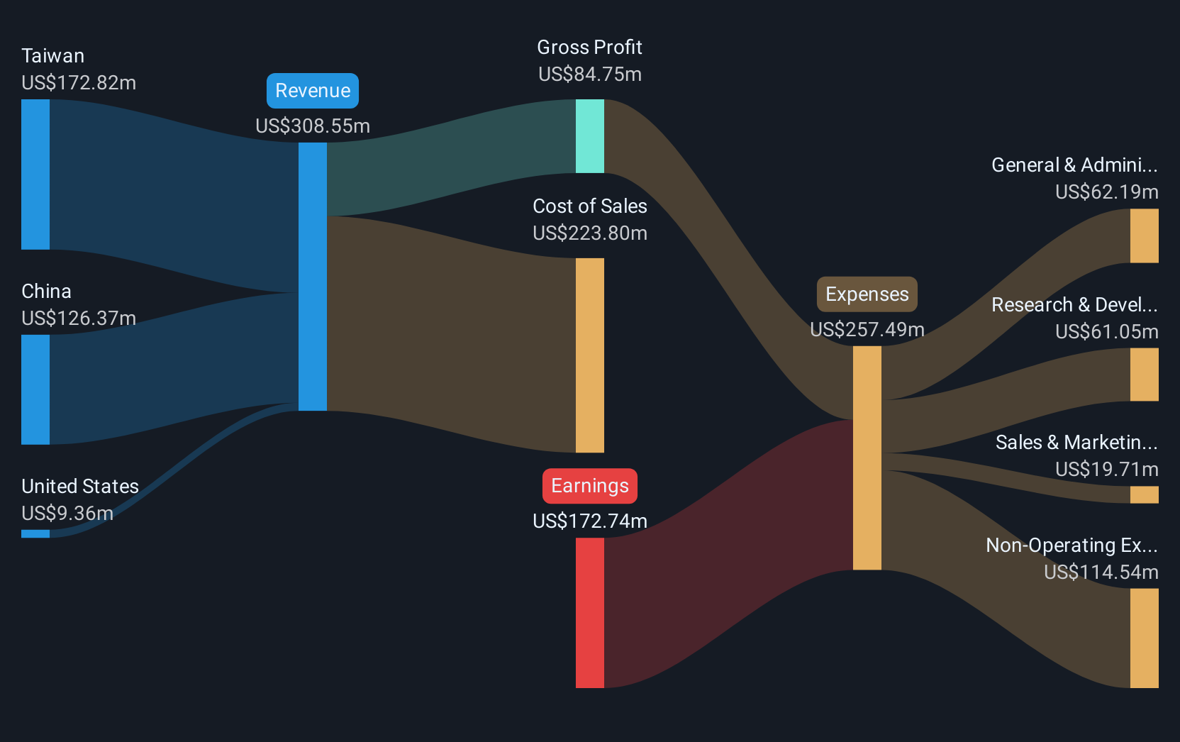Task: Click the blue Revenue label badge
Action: coord(313,91)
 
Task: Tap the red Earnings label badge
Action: coord(590,486)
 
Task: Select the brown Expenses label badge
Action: coord(867,294)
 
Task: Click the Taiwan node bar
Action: coord(35,175)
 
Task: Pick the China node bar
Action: coord(35,389)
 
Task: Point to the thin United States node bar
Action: coord(35,533)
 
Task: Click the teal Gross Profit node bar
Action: coord(590,136)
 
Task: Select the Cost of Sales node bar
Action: coord(590,355)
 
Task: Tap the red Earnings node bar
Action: coord(590,613)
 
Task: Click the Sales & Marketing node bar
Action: coord(1144,494)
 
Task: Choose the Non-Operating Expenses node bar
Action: coord(1144,638)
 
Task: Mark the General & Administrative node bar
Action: coord(1144,236)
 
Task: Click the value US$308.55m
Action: coord(313,126)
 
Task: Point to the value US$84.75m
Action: coord(590,74)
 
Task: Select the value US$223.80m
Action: coord(590,233)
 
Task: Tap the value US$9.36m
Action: coord(67,514)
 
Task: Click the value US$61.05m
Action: coord(1106,332)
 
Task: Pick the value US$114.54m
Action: coord(1101,572)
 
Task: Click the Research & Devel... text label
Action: coord(1074,305)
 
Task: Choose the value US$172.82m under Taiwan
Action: coord(79,83)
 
